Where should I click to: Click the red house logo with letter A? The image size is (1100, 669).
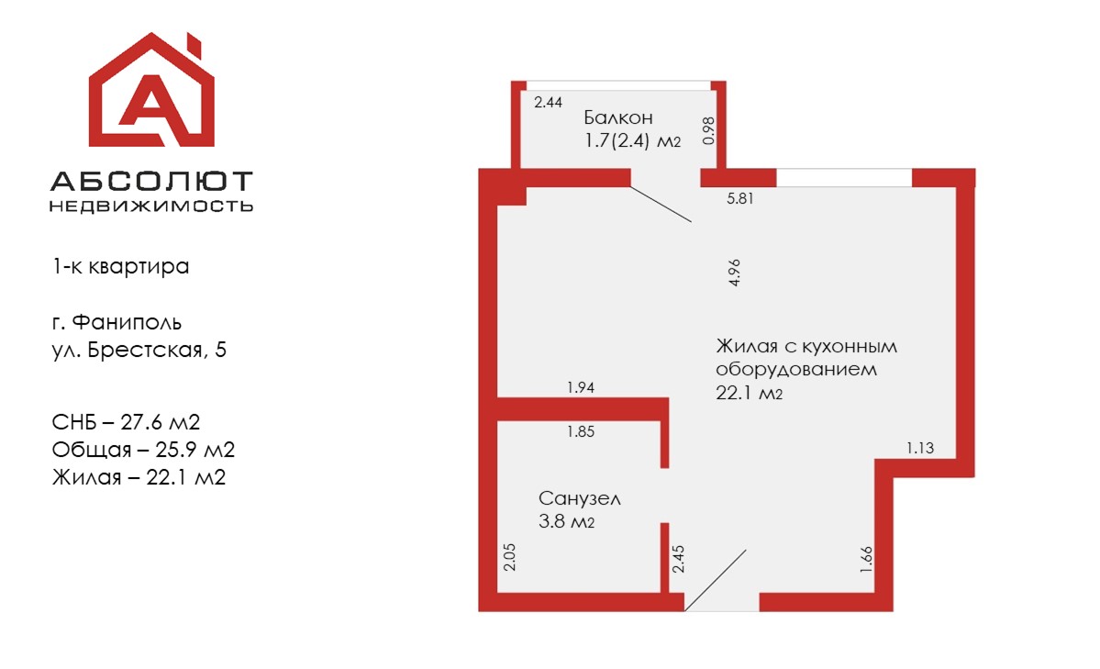[151, 90]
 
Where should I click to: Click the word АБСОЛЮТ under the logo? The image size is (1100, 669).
[151, 181]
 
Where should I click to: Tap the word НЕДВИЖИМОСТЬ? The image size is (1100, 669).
[151, 206]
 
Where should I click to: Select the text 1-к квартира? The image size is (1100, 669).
[121, 267]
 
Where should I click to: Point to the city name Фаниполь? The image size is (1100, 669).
[127, 322]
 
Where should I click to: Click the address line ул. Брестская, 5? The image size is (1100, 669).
[139, 350]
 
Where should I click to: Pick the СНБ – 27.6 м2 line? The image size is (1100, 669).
[127, 422]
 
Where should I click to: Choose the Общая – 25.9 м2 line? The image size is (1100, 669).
[143, 450]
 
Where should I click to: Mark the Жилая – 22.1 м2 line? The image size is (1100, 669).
[139, 477]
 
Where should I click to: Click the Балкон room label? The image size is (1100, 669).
[618, 117]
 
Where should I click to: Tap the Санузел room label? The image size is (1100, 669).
[580, 498]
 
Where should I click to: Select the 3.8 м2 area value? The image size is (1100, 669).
[566, 521]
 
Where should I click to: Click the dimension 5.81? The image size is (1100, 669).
[740, 198]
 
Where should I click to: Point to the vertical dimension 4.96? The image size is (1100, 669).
[735, 273]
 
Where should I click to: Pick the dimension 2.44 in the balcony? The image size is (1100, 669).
[548, 103]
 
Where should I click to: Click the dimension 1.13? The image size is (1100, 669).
[919, 448]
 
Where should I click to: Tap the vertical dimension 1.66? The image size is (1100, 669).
[866, 560]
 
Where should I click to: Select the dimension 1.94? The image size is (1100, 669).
[581, 387]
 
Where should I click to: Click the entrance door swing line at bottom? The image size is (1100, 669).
[715, 581]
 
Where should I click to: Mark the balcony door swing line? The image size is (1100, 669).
[661, 205]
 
